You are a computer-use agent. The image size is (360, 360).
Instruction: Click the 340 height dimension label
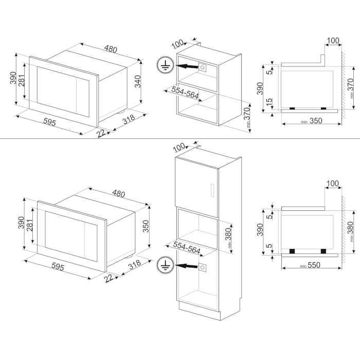tap(137, 81)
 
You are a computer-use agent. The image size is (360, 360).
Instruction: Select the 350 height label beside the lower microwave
tap(146, 226)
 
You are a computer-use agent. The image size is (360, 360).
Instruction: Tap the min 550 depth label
tap(310, 265)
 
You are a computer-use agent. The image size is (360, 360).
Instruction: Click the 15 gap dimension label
tap(269, 101)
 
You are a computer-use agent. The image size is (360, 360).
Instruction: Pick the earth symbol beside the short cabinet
tap(165, 65)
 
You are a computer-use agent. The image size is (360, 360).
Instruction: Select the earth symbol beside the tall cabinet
tap(165, 265)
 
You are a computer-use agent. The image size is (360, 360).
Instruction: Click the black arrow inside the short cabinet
tap(186, 66)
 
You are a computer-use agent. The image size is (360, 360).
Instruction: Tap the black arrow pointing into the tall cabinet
tap(186, 266)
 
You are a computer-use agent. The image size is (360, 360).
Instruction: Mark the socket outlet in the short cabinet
tap(203, 67)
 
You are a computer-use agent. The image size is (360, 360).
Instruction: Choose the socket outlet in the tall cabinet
tap(203, 267)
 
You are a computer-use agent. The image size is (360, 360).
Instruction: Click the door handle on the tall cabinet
tap(212, 190)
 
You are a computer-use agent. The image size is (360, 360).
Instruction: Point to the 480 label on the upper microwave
tap(111, 49)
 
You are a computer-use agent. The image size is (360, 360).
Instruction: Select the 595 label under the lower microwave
tap(58, 266)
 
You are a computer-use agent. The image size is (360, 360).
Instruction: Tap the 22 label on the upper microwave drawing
tap(101, 133)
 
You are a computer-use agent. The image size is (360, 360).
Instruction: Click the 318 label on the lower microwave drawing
tap(134, 264)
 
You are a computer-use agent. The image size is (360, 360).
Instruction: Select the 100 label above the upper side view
tap(333, 41)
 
